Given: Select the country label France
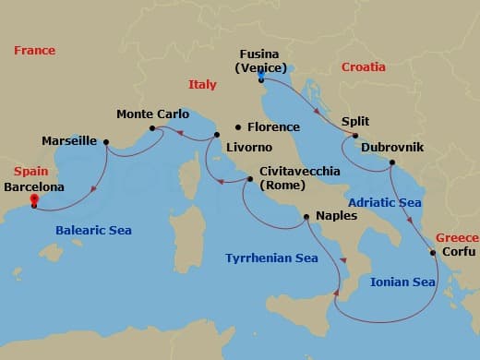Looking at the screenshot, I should tap(34, 51).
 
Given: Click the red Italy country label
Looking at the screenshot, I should tap(202, 84).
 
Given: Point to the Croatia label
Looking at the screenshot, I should tap(364, 67).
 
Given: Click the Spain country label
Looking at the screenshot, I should tap(30, 172).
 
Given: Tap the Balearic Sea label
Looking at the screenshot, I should tap(93, 230).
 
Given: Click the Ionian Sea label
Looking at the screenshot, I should tap(402, 282).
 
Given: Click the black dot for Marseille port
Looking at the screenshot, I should tap(106, 142).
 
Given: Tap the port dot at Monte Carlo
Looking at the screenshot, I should tap(152, 128).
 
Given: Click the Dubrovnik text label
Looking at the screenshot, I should tap(393, 147).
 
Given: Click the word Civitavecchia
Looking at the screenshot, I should tap(301, 172).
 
